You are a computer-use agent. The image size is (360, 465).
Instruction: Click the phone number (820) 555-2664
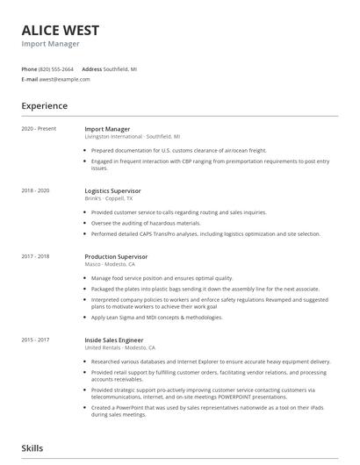pos(56,68)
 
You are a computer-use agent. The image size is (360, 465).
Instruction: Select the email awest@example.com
pos(64,79)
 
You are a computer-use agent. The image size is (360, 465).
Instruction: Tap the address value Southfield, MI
pos(120,68)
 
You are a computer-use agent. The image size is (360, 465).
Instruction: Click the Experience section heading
pos(45,106)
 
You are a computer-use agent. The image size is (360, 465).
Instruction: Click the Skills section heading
pos(32,448)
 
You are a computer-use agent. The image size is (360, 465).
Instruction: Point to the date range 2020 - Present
pos(39,129)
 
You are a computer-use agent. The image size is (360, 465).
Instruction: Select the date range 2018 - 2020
pos(36,190)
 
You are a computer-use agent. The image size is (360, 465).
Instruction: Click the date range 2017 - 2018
pos(36,256)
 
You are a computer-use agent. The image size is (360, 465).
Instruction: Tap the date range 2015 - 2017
pos(36,340)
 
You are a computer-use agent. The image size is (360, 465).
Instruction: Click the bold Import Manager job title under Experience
pos(107,129)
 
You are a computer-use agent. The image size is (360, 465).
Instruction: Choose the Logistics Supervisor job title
pos(112,190)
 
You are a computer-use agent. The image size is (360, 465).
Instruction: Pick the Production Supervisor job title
pos(116,256)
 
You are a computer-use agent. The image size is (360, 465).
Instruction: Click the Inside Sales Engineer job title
pos(114,340)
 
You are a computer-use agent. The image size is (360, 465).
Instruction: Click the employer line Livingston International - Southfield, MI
pos(133,137)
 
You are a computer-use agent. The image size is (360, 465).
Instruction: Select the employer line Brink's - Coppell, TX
pos(109,198)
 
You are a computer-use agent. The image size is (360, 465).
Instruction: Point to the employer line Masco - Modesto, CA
pos(110,264)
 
